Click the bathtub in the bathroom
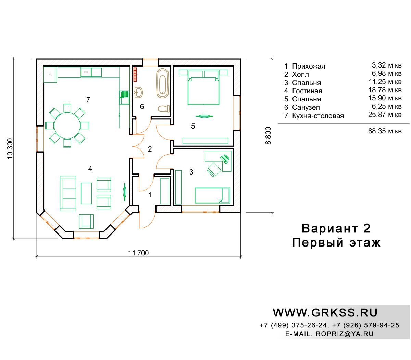tap(162, 83)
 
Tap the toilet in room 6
tap(164, 109)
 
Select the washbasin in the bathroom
tap(138, 93)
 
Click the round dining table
tap(67, 125)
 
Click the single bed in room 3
tap(212, 195)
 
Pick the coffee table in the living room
tap(86, 193)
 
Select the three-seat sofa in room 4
tap(68, 193)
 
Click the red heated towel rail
tap(135, 74)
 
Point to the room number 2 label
tap(150, 149)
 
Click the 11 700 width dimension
tap(138, 253)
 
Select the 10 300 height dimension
tap(10, 148)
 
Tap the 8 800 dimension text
tap(268, 135)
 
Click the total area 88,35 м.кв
tap(385, 131)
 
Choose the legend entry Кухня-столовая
tap(318, 116)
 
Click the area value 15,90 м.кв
tap(385, 98)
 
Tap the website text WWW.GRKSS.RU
tap(325, 313)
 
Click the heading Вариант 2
tap(336, 228)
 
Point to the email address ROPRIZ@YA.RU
tap(345, 334)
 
